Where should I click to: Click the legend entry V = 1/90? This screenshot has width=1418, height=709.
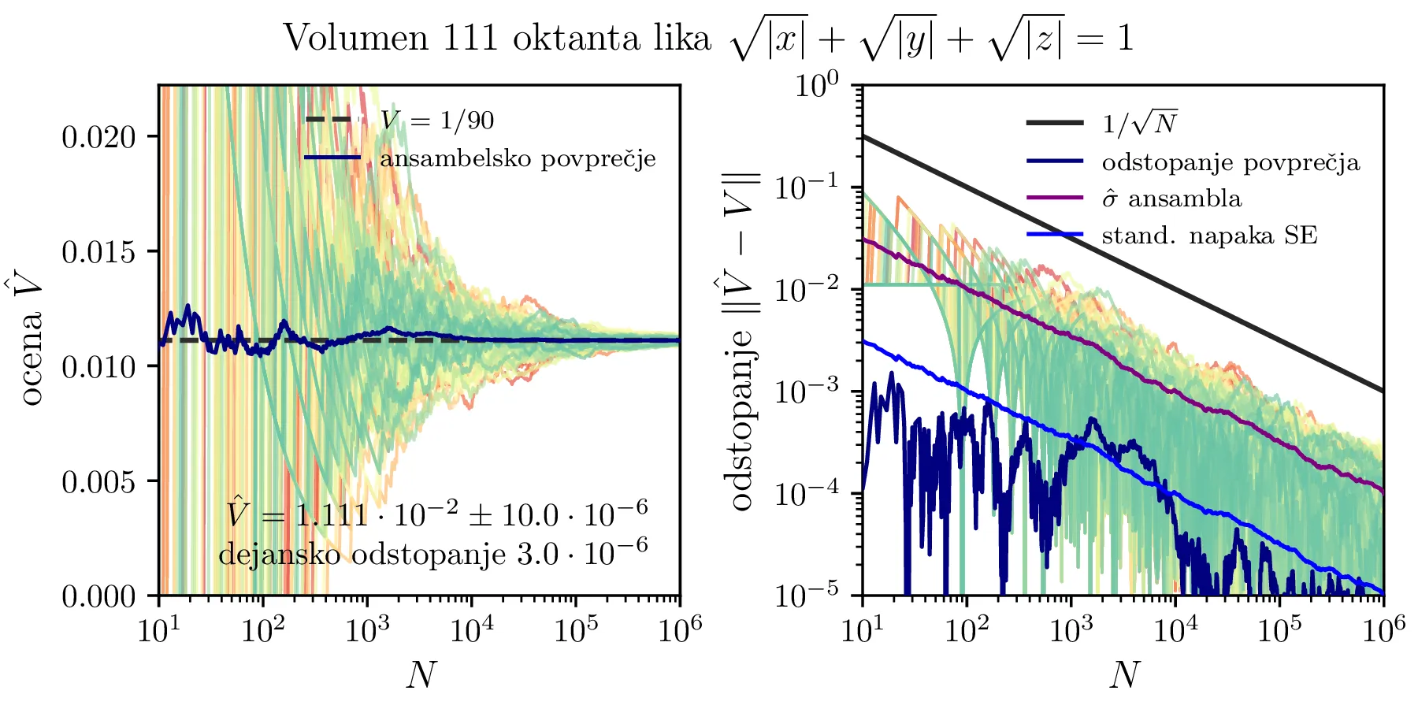pyautogui.click(x=437, y=121)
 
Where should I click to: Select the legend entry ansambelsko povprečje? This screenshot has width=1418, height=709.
pyautogui.click(x=518, y=159)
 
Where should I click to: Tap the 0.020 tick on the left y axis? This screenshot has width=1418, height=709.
pyautogui.click(x=98, y=137)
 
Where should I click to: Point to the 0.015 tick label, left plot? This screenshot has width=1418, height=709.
pyautogui.click(x=98, y=252)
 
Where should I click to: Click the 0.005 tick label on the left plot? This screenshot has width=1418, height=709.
pyautogui.click(x=98, y=481)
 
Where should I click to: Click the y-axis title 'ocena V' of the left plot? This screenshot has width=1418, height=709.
pyautogui.click(x=32, y=340)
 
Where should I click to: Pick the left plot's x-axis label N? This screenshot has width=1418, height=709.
pyautogui.click(x=420, y=674)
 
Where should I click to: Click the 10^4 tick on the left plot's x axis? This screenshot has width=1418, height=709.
pyautogui.click(x=470, y=629)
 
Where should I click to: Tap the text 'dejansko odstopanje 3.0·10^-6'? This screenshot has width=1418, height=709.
pyautogui.click(x=433, y=553)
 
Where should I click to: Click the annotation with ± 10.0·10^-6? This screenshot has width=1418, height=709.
pyautogui.click(x=437, y=514)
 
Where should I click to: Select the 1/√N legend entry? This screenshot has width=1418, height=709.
pyautogui.click(x=1139, y=123)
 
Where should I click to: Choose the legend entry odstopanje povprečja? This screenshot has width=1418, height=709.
pyautogui.click(x=1231, y=163)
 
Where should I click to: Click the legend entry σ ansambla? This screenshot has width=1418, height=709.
pyautogui.click(x=1171, y=199)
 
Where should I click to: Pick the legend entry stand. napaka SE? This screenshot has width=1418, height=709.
pyautogui.click(x=1209, y=236)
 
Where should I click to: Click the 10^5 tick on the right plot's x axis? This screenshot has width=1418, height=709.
pyautogui.click(x=1279, y=629)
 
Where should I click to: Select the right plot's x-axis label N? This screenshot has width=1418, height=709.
pyautogui.click(x=1124, y=674)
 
